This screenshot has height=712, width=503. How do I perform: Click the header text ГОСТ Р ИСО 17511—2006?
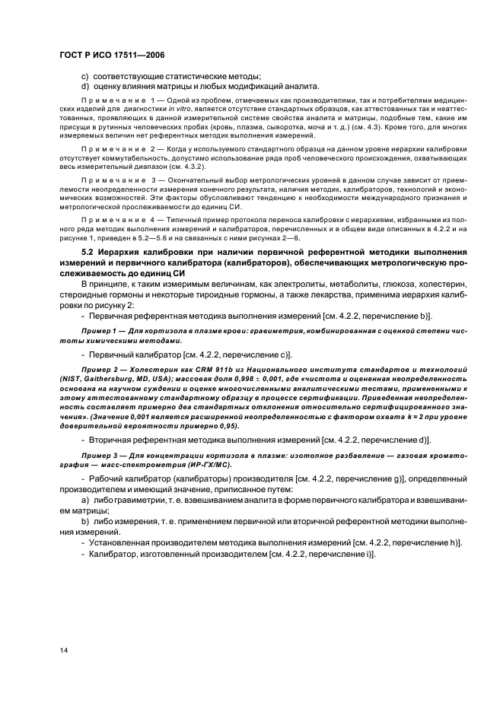click(x=111, y=56)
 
